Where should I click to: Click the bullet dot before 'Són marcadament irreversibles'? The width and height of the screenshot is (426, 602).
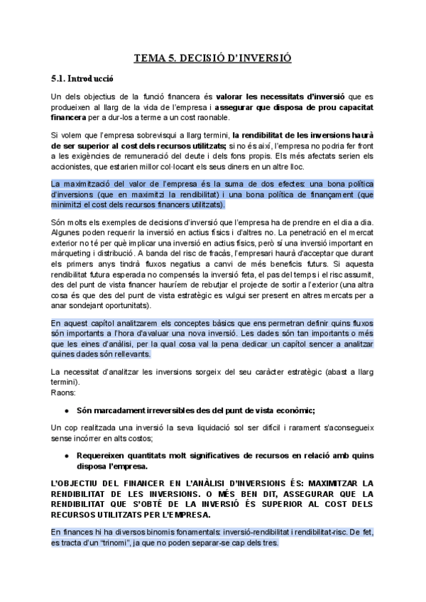pos(66,410)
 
